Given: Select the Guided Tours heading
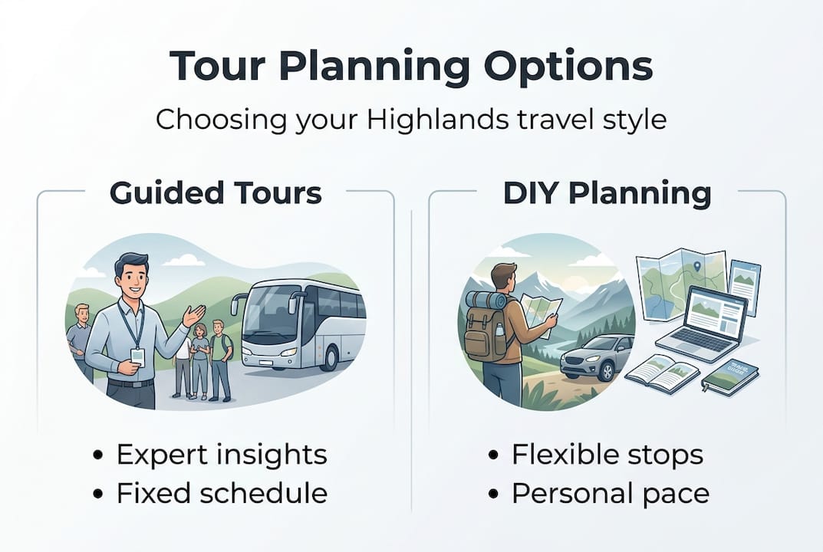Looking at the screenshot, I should point(216,193).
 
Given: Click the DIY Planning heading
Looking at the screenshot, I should point(607,193).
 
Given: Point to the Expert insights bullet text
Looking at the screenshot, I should point(222,454).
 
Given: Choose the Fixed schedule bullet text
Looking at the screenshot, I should point(222,493).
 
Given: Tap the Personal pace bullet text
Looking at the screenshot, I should point(611,493).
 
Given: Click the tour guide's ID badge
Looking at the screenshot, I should point(137,356).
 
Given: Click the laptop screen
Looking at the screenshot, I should point(716,315).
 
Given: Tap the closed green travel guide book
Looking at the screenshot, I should point(729,376).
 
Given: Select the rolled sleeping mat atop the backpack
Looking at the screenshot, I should point(486,300).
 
